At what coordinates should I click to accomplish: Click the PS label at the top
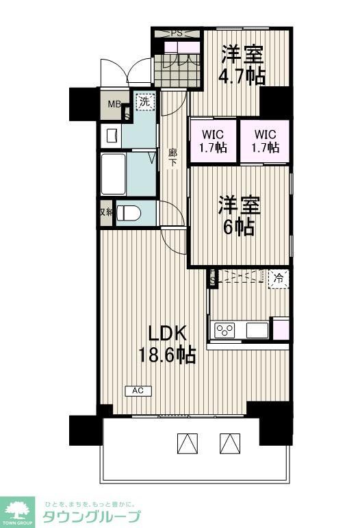point(177,33)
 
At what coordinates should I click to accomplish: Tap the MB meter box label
point(111,105)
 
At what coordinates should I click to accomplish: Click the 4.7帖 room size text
point(241,75)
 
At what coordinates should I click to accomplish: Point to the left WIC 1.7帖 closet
point(213,141)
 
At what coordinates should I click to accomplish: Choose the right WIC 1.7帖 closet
point(264,141)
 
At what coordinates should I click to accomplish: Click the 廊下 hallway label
point(173,158)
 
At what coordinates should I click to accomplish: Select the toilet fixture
point(129,214)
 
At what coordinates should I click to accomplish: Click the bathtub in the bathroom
point(113,175)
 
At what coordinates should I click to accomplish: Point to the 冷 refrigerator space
point(278,279)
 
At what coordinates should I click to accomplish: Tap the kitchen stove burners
point(225,330)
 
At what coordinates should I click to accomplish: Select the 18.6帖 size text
point(168,355)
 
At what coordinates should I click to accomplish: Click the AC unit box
point(138,391)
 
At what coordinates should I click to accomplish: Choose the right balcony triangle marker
point(229,444)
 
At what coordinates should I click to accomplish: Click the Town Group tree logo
point(19,508)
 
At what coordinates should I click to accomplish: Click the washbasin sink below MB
point(111,134)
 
